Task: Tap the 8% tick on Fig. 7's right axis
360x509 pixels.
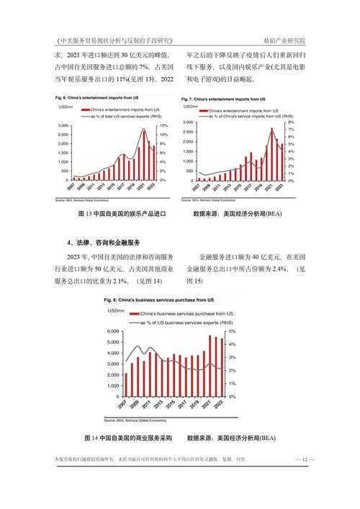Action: (289, 122)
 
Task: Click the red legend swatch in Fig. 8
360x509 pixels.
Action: (132, 315)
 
